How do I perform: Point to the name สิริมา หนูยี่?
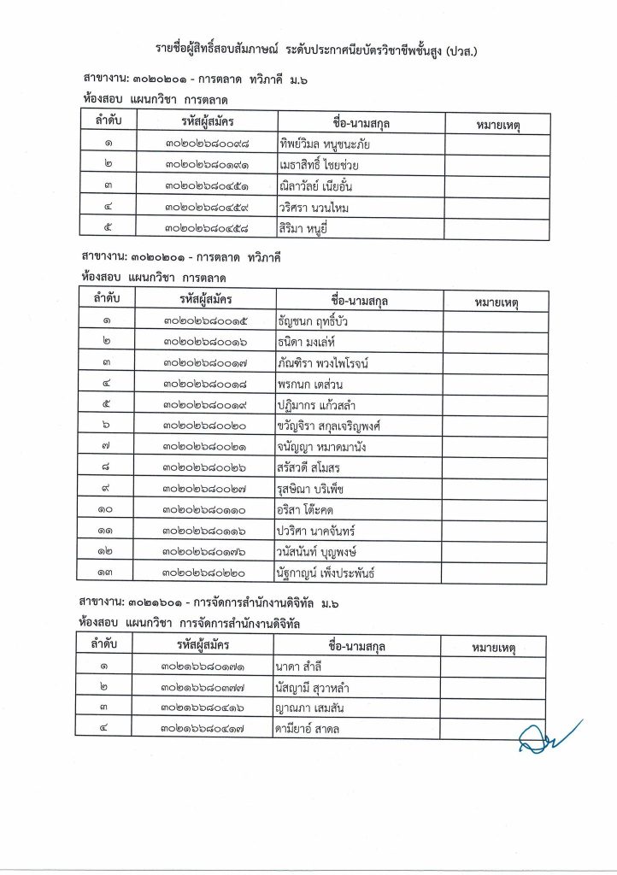tap(303, 228)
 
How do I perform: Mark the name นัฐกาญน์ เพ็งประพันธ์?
tap(326, 572)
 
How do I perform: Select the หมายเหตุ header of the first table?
tap(496, 123)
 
